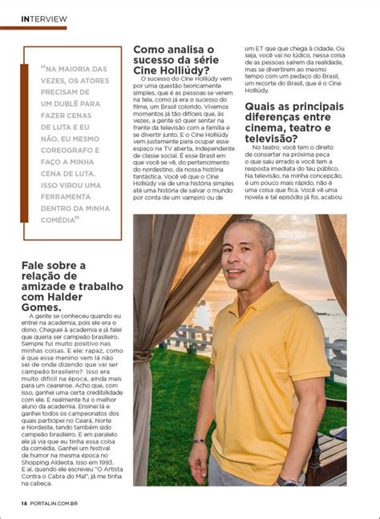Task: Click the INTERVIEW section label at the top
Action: pyautogui.click(x=45, y=18)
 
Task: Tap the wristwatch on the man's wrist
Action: pyautogui.click(x=287, y=482)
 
